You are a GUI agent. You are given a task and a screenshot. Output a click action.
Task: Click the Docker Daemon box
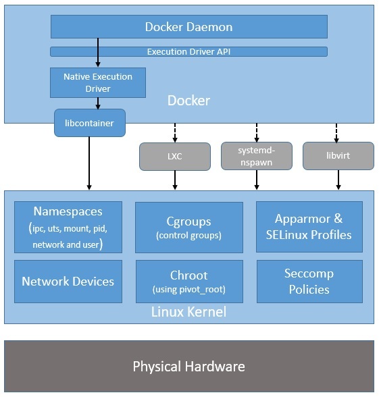(x=188, y=27)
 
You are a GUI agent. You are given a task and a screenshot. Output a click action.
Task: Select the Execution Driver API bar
(x=188, y=51)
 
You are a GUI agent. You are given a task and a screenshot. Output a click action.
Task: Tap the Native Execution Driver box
(x=98, y=82)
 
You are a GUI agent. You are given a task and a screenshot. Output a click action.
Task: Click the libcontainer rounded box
(x=89, y=123)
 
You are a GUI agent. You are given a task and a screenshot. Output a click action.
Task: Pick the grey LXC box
(x=175, y=156)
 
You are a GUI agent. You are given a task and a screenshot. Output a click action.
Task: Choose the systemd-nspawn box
(x=256, y=156)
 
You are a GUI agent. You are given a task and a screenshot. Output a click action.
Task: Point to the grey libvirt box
(x=338, y=156)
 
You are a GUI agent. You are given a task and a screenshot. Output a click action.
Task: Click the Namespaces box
(x=68, y=227)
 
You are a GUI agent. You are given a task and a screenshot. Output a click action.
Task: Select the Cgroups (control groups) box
(x=188, y=227)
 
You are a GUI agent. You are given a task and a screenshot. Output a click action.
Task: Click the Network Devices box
(x=68, y=282)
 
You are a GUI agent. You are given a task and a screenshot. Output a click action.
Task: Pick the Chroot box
(x=188, y=282)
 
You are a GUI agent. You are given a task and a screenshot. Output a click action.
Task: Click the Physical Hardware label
(x=188, y=367)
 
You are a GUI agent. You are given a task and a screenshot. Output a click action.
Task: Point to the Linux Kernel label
(x=188, y=312)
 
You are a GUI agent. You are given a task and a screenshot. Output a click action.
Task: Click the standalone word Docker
(x=188, y=101)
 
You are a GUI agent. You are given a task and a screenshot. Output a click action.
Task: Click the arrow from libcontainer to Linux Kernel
(x=89, y=162)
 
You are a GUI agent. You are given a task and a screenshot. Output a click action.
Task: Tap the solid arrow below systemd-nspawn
(x=256, y=179)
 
